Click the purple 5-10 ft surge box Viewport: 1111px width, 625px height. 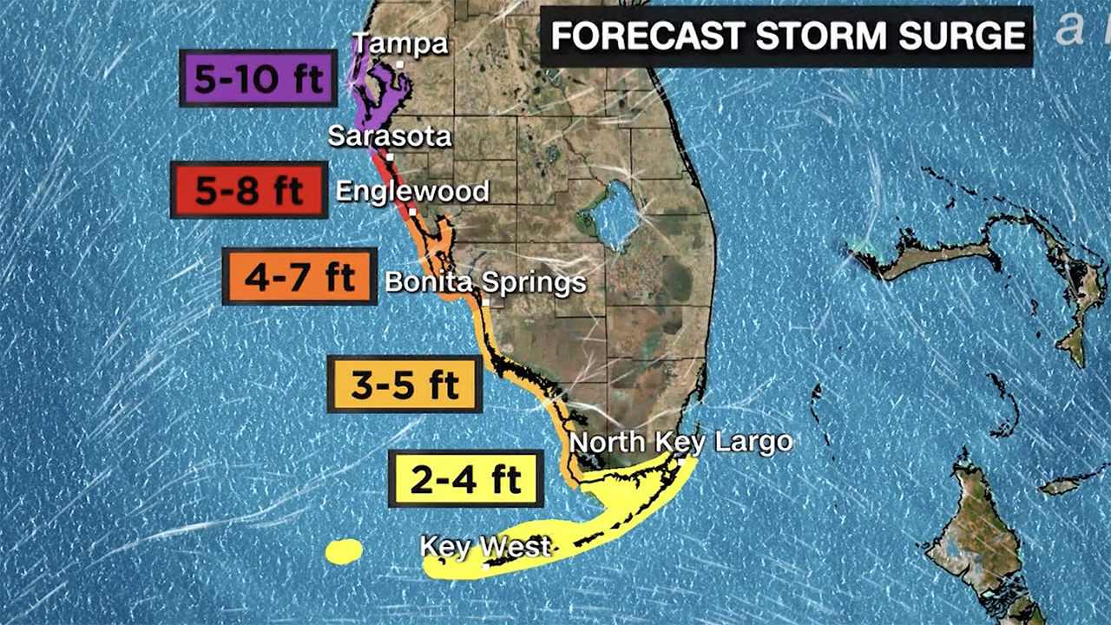coord(258,79)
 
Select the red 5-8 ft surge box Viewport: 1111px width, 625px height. coord(249,189)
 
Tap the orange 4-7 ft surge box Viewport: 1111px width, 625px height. coord(299,277)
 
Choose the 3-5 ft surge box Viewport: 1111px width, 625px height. coord(404,384)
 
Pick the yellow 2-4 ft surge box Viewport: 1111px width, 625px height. coord(466,478)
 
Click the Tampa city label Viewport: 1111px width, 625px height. coord(399,43)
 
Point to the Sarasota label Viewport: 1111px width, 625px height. coord(390,136)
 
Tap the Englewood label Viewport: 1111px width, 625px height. coord(412,191)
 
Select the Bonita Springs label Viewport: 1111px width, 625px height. coord(485,282)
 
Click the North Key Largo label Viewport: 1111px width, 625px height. coord(680,442)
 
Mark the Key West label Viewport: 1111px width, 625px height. coord(485,546)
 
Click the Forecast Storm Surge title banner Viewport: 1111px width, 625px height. coord(786,36)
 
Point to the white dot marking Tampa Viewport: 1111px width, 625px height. coord(399,64)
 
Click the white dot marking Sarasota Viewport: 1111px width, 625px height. coord(391,157)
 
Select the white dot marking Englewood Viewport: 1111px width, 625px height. coord(413,211)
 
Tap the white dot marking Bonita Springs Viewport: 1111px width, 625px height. coord(487,303)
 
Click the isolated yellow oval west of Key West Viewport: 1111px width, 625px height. coord(344,551)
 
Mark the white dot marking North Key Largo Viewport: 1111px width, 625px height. coord(682,461)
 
